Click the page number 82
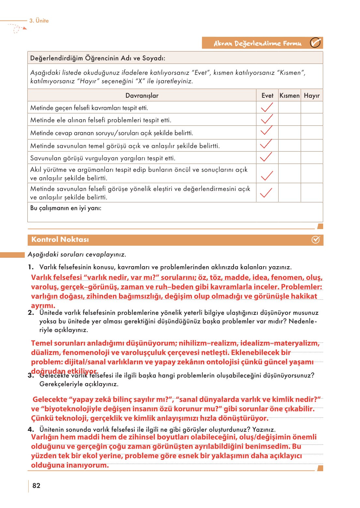(x=36, y=486)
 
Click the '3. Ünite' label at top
(x=39, y=21)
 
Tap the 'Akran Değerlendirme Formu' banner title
(x=257, y=43)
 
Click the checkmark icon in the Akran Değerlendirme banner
(x=315, y=43)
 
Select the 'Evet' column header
(x=267, y=95)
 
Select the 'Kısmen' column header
(x=289, y=95)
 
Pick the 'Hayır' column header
(x=311, y=95)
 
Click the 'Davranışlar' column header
(x=142, y=95)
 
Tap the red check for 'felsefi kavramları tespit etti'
(x=267, y=107)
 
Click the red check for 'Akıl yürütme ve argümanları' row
(x=267, y=175)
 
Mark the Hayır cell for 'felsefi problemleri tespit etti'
(x=311, y=120)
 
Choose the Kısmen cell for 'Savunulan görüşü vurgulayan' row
(x=289, y=158)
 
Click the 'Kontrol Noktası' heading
(x=60, y=239)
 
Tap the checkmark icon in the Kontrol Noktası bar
(x=315, y=240)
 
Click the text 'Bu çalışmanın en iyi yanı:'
(x=65, y=208)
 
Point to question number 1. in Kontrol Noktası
(x=31, y=267)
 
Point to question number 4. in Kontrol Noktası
(x=31, y=429)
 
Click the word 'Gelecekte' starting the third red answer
(x=50, y=399)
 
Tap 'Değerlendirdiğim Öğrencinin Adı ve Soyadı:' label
(x=97, y=58)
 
